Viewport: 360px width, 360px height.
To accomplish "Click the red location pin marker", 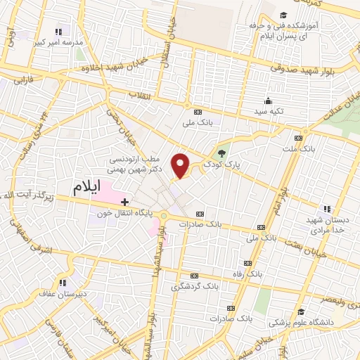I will [181, 165].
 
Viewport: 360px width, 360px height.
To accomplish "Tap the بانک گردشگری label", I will [185, 287].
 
